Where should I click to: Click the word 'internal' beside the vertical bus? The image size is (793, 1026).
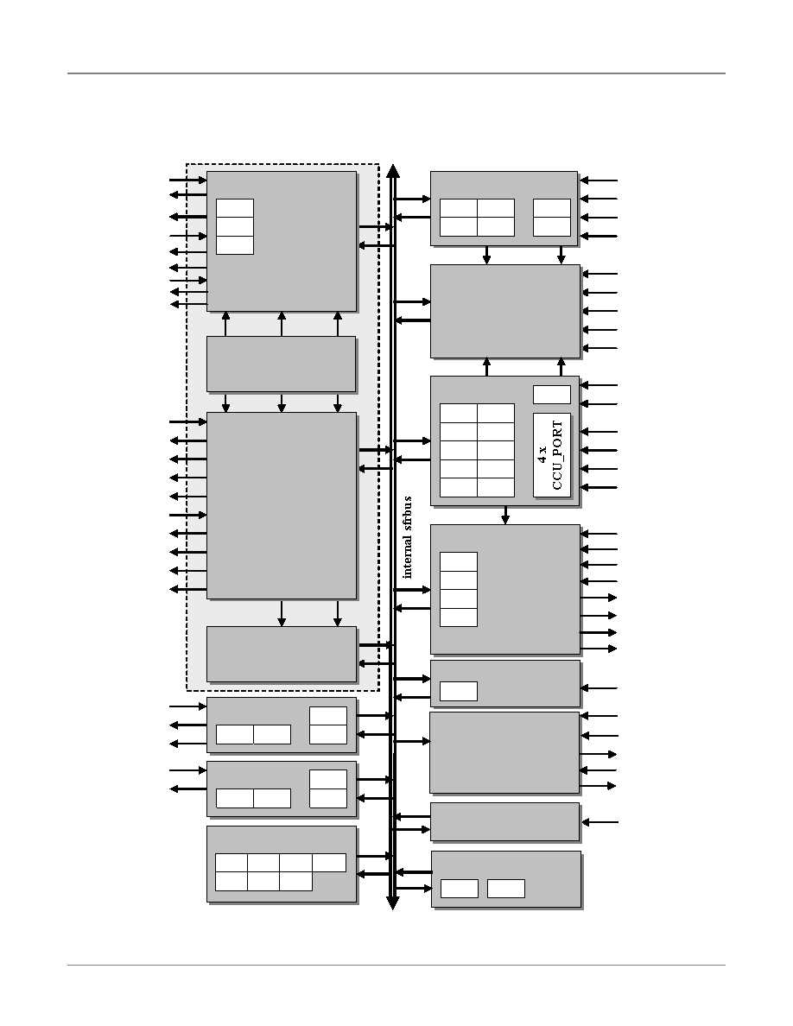408,557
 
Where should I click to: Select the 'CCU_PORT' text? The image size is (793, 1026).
557,455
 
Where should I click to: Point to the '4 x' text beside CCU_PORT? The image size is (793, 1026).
543,455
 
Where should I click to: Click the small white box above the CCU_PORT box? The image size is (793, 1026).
552,395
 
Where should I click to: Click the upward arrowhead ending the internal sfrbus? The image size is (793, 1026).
393,172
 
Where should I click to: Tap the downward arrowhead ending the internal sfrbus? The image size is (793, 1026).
393,903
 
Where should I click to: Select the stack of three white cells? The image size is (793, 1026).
235,226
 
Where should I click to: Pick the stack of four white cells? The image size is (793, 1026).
459,589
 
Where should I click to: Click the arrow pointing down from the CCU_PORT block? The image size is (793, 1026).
505,515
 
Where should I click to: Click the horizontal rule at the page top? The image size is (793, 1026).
396,73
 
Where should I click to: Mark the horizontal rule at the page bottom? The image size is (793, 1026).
396,965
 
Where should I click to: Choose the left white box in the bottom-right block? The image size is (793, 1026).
460,889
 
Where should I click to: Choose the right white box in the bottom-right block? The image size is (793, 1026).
505,889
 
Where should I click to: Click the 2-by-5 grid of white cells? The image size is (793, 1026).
477,450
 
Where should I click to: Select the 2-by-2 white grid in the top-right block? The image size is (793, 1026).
477,218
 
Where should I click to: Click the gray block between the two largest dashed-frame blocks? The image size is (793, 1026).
282,364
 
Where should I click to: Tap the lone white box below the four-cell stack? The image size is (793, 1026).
459,691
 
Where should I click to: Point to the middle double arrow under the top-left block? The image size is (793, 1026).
282,325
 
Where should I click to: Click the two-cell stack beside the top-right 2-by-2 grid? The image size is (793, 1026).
552,218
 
